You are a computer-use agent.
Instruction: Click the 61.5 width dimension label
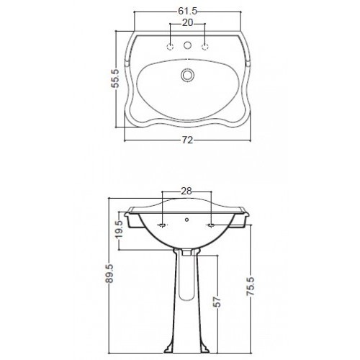(x=187, y=11)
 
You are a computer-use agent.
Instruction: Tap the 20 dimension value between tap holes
(x=188, y=22)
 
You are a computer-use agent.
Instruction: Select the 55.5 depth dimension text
(x=116, y=78)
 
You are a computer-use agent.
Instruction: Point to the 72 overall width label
(x=187, y=140)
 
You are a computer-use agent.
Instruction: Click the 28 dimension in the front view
(x=186, y=191)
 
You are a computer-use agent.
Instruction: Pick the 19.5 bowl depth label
(x=120, y=229)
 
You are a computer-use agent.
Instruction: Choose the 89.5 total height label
(x=109, y=274)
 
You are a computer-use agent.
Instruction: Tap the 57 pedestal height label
(x=217, y=302)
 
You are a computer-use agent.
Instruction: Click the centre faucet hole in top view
(x=187, y=45)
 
